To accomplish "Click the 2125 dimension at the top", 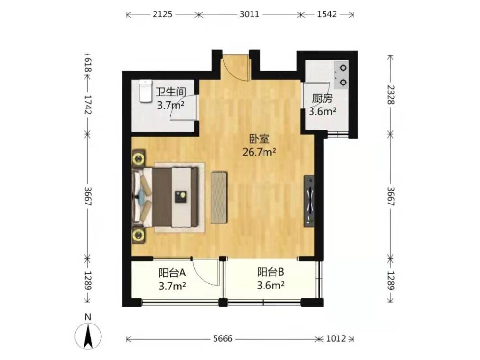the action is pos(163,14).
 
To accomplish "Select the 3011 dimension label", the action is pos(249,14).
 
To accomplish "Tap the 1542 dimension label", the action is pos(326,14).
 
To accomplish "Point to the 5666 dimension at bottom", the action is pos(223,338).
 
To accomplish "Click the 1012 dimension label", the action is pos(336,338).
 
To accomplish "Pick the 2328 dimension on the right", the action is pos(391,95).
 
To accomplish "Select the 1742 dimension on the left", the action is pos(88,105).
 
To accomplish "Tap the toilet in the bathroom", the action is pos(145,91).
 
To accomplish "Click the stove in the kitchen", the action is pos(341,75).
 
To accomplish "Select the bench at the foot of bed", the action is pos(219,198).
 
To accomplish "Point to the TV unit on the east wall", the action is pos(309,201).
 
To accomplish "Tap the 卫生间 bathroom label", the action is pos(171,92).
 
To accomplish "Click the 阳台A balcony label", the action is pos(172,273).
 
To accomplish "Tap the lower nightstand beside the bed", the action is pos(139,235).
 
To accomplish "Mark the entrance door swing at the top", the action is pos(236,68).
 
